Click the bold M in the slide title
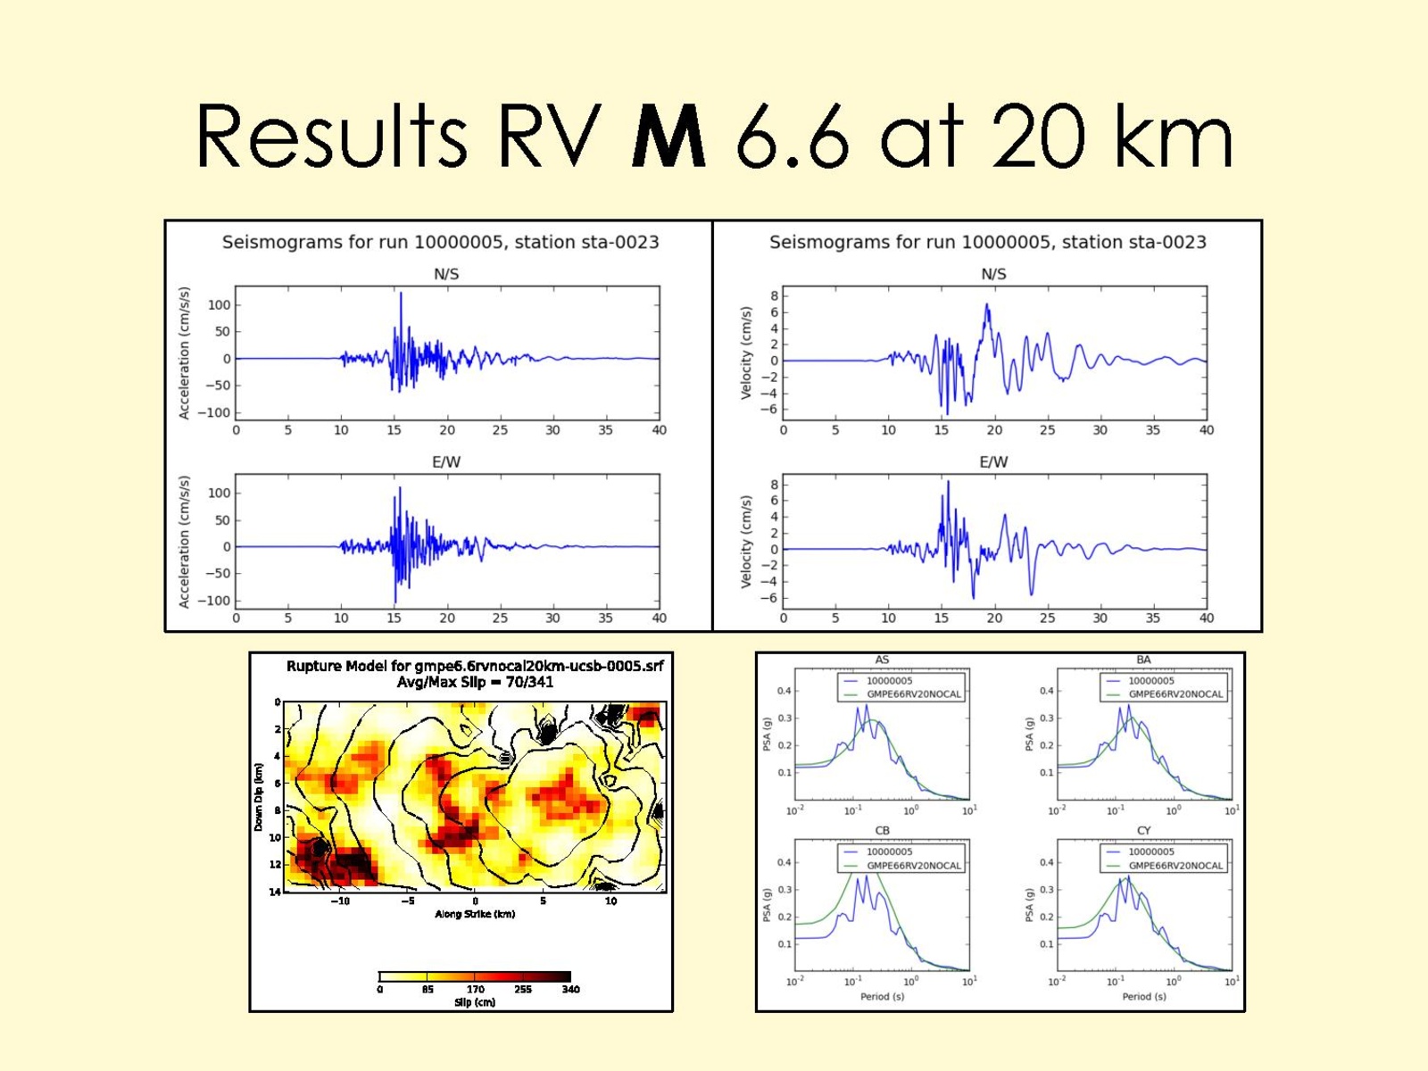coord(668,137)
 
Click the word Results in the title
coord(330,137)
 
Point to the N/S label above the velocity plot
coord(993,274)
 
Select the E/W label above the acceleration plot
coord(446,462)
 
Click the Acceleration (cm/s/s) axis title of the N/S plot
coord(185,353)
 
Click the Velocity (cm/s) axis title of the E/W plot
coord(746,542)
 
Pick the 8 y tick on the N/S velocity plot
coord(774,296)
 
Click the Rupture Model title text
coord(474,666)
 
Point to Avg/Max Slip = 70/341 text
coord(475,682)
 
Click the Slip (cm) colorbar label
coord(475,1002)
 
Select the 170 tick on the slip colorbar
coord(475,989)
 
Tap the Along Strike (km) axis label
coord(475,914)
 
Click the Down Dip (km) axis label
coord(259,797)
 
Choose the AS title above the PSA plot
coord(882,660)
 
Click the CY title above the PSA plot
coord(1143,831)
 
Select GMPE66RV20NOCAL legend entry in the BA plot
coord(1175,693)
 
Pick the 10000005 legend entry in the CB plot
coord(889,851)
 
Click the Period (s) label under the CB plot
coord(882,996)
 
